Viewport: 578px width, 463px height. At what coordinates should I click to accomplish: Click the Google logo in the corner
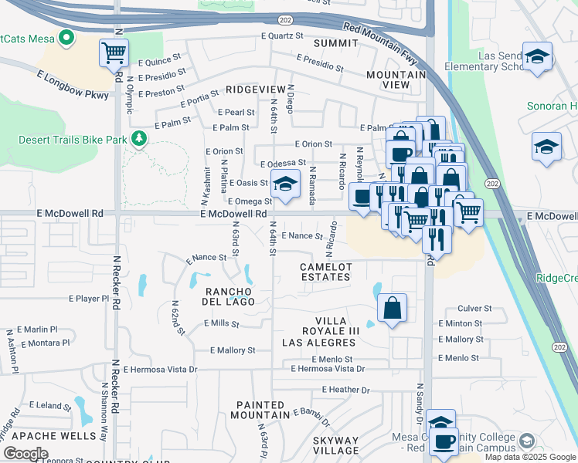coord(25,454)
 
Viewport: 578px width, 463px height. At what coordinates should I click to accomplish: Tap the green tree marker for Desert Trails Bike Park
coord(140,138)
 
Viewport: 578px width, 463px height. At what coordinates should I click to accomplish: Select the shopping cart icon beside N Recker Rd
coord(114,53)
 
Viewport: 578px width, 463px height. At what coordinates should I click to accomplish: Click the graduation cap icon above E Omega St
coord(285,184)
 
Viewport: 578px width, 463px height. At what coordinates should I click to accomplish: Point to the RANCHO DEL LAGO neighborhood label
coord(229,296)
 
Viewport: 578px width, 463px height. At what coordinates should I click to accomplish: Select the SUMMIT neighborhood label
coord(335,42)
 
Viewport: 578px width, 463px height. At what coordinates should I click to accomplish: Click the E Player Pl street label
coord(90,298)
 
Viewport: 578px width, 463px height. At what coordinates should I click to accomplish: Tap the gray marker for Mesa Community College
coord(527,441)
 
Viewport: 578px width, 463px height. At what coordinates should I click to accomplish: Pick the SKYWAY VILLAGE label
coord(336,444)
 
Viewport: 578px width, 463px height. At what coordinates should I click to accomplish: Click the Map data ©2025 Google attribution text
coord(529,457)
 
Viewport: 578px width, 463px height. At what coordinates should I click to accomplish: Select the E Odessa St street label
coord(283,164)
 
